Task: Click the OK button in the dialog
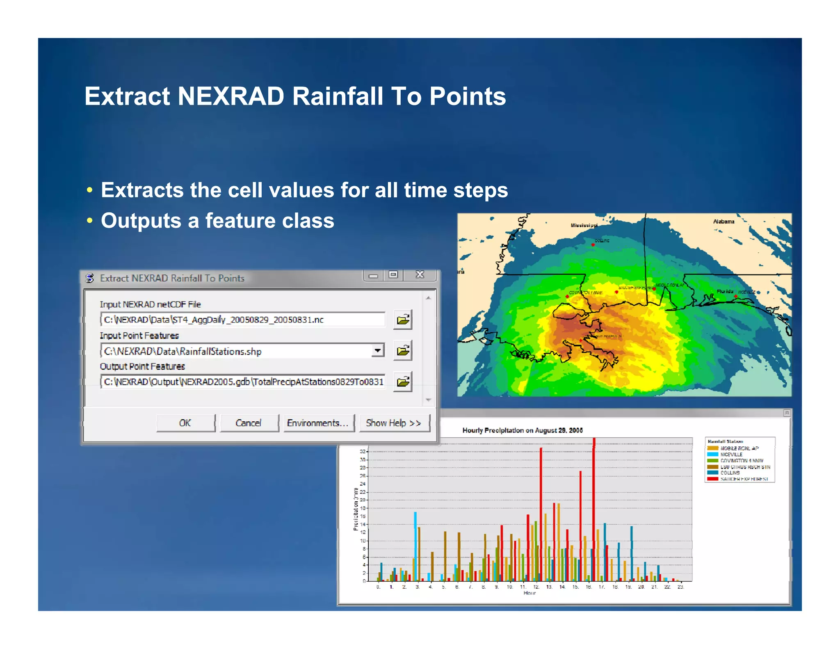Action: (x=185, y=423)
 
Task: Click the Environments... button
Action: (x=318, y=423)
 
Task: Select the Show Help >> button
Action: (x=394, y=423)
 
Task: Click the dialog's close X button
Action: (x=420, y=274)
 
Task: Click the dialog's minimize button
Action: (x=373, y=275)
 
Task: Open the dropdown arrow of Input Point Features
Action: (x=378, y=350)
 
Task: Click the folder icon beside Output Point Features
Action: (x=403, y=382)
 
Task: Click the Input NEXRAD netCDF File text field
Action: (x=242, y=320)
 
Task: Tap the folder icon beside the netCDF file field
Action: (x=403, y=320)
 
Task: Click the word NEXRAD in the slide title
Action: (x=231, y=96)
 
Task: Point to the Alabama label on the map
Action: (x=724, y=222)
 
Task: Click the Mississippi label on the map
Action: (x=584, y=225)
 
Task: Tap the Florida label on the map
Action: (x=725, y=291)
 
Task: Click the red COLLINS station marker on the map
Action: (x=593, y=245)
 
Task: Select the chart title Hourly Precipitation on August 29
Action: (x=522, y=430)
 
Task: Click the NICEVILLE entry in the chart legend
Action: (x=731, y=455)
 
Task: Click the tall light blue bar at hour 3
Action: (x=415, y=546)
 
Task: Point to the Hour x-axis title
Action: (x=530, y=593)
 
